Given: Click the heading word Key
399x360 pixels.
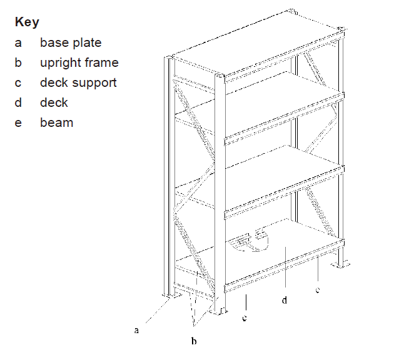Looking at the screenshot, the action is pos(27,22).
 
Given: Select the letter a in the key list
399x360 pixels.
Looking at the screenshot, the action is pos(18,43).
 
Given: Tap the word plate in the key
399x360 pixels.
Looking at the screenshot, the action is pos(87,42).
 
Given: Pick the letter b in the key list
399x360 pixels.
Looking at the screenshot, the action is pos(18,62).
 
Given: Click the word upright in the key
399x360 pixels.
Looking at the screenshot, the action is pos(60,63).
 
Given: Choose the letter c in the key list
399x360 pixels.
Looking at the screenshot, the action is pos(18,83).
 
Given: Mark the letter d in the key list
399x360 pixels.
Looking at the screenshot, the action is pos(18,102).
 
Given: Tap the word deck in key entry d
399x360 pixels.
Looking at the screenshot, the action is pos(54,102).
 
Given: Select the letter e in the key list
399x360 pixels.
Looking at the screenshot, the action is pos(18,123).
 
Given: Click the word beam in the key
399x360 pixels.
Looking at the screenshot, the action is pos(57,122).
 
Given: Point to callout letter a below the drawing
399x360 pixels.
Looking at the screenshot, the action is pos(136,330).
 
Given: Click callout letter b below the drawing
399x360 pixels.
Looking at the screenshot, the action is pos(194,341).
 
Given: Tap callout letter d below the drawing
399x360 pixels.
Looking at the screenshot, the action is pos(285,300).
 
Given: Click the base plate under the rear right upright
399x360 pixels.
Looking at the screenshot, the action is pos(340,264).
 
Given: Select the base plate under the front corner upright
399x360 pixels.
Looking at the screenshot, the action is pos(219,311).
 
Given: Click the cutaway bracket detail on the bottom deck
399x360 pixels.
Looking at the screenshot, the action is pos(248,241).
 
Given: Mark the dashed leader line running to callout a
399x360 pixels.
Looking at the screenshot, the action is pos(158,311).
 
